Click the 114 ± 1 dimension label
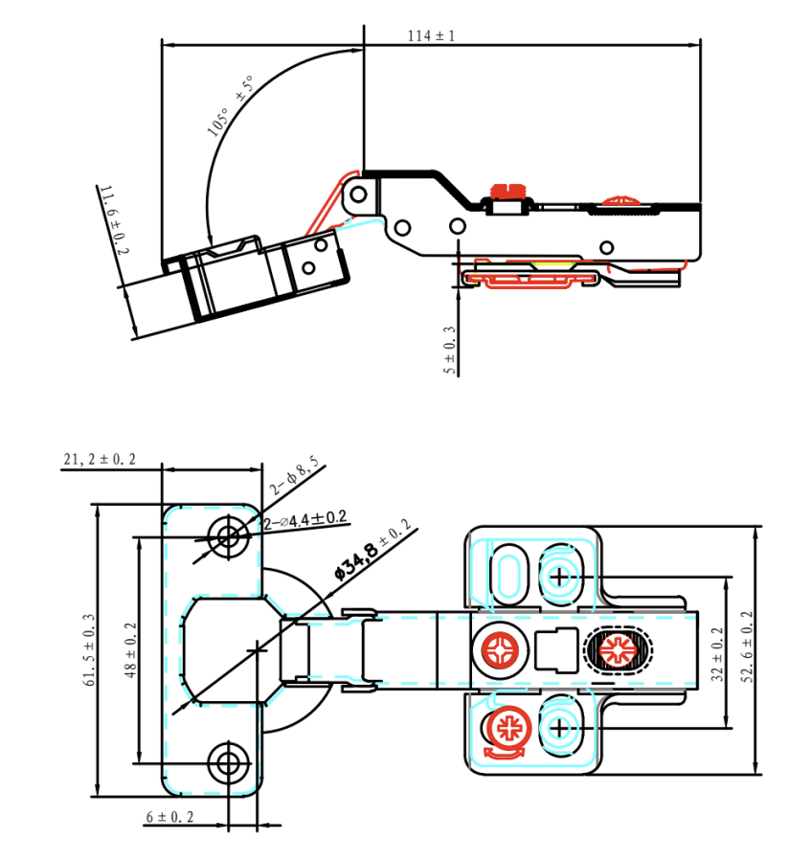431,36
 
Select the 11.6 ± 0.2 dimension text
114,220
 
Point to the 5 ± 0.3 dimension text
450,350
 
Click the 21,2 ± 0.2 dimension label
100,460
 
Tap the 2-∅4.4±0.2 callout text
304,518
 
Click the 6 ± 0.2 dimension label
169,817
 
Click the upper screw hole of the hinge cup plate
228,535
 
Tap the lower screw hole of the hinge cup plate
228,763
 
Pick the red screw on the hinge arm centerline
502,652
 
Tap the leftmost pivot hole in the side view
358,194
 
